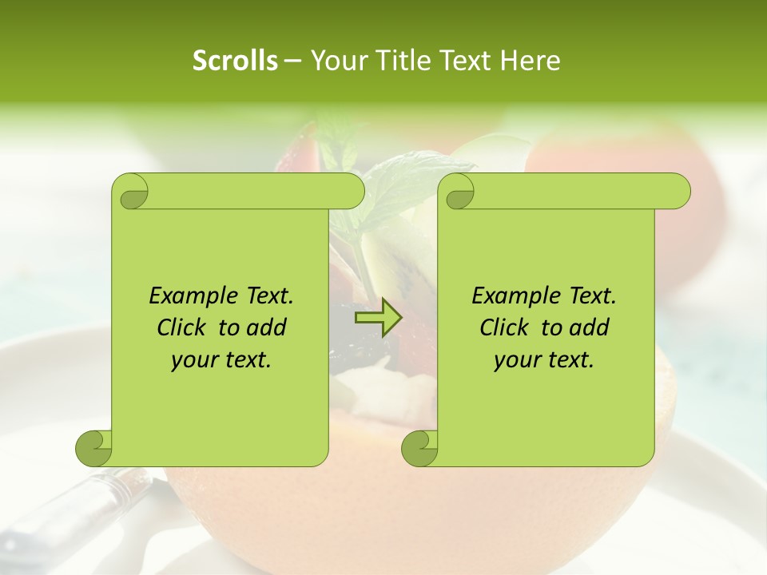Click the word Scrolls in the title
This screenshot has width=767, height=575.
click(235, 61)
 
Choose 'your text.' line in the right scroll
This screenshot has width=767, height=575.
click(544, 360)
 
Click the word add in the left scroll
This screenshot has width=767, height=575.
click(266, 327)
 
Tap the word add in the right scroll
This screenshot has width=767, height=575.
click(589, 327)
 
